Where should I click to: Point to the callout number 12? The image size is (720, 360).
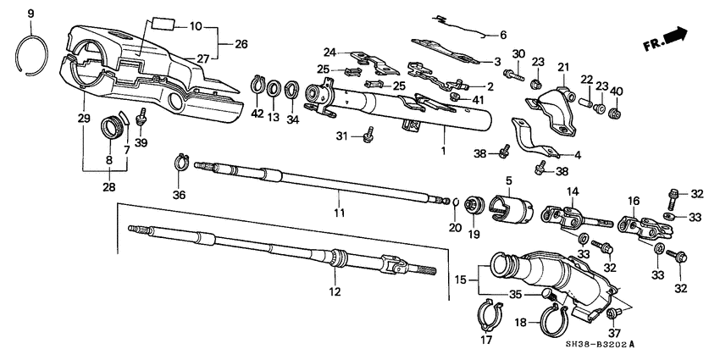coord(335,292)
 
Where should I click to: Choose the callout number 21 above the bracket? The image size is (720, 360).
coord(563,67)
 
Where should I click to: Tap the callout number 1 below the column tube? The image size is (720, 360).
coord(440,151)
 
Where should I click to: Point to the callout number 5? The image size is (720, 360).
coord(509,180)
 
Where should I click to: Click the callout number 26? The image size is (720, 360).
coord(241,42)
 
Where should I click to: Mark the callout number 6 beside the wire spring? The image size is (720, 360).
coord(502,35)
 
